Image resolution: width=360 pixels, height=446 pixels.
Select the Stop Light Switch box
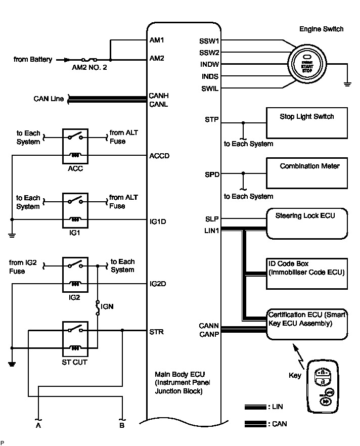pos(306,123)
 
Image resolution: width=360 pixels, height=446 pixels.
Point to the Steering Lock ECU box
pos(306,224)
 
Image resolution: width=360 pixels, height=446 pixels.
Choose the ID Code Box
pos(306,274)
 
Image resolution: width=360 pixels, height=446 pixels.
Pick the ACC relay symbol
pos(75,147)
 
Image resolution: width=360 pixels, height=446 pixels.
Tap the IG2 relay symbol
pos(75,275)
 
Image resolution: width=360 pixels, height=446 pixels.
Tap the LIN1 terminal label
pos(212,231)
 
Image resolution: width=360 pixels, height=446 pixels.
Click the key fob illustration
pos(324,385)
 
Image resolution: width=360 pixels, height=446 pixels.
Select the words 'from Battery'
pos(33,60)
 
